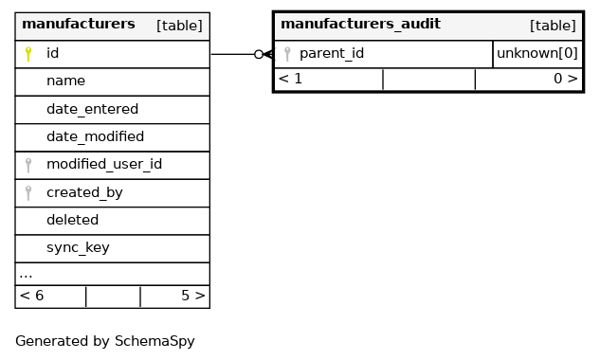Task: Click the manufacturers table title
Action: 79,24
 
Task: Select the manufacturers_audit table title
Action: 360,24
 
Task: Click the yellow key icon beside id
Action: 27,54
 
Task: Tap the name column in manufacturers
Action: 65,81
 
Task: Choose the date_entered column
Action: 92,109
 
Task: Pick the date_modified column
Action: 96,136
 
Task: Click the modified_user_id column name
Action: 104,164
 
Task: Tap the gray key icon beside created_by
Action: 27,193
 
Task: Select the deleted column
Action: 72,220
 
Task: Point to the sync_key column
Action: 78,247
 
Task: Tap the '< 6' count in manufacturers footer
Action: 31,296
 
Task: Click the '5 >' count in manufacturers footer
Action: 193,296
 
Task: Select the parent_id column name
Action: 332,53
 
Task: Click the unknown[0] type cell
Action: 537,53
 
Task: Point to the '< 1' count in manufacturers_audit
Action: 290,79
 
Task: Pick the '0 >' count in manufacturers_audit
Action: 566,79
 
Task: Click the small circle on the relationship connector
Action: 259,54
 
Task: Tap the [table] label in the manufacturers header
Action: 179,26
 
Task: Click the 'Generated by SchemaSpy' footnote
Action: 105,341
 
